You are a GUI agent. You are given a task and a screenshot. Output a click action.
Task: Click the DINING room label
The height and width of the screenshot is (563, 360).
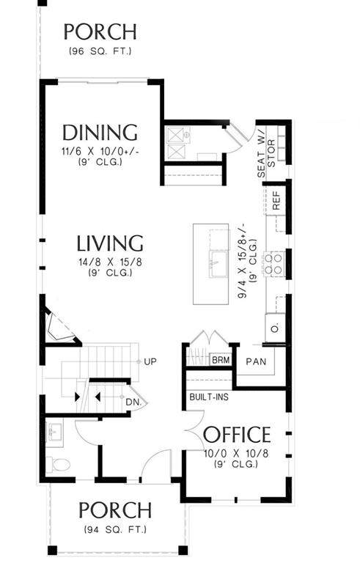100,133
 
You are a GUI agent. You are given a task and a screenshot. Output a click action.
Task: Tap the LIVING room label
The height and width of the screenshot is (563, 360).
110,243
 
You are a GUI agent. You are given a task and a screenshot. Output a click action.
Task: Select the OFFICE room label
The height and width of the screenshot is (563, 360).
237,435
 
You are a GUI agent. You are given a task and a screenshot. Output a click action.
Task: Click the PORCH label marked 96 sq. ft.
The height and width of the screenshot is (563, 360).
100,32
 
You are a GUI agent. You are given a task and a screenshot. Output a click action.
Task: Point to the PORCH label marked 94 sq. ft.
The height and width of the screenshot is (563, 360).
115,510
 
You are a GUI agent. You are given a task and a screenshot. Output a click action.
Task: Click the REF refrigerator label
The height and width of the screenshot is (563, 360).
276,200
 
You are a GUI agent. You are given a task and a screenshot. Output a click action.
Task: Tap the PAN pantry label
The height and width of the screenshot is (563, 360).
256,361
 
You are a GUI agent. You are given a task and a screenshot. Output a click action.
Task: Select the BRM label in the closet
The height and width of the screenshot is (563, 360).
221,360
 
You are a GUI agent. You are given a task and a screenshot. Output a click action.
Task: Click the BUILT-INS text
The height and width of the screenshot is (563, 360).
209,397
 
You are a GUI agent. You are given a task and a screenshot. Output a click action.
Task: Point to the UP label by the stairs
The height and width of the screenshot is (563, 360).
150,361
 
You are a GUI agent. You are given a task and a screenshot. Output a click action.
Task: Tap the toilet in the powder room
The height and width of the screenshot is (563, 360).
58,465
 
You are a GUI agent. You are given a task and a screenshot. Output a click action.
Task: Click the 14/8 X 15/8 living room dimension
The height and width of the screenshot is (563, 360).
110,262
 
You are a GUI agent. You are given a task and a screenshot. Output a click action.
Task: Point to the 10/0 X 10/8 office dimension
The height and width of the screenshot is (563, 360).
236,454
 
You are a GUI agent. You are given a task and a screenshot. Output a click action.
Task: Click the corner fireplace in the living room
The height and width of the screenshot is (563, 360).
60,326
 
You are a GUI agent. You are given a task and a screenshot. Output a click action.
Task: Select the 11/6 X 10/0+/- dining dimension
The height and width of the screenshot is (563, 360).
100,151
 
